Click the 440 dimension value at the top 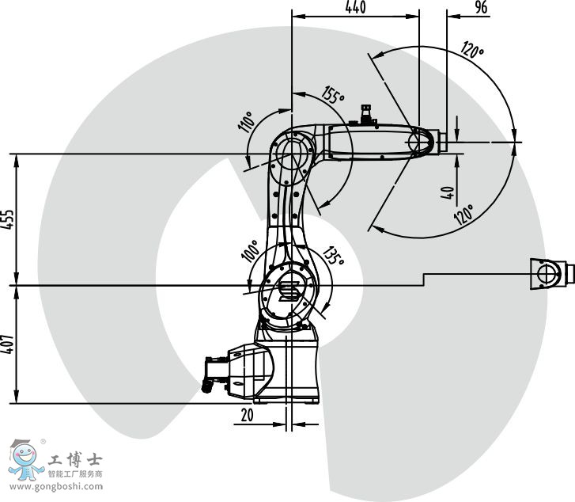pos(355,7)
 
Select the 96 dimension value pos(481,7)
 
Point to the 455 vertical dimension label pos(7,219)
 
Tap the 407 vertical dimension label pos(7,344)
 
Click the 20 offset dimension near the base pos(247,415)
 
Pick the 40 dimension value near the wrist pos(447,192)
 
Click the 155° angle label pos(333,95)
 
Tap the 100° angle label pos(250,251)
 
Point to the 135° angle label pos(333,256)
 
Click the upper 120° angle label pos(472,50)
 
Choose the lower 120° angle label pos(463,215)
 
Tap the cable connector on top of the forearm pos(365,115)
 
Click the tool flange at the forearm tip pos(443,142)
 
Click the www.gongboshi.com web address pos(56,487)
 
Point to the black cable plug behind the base pos(207,386)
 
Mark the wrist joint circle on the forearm pos(415,142)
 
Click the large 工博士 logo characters pos(75,459)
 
